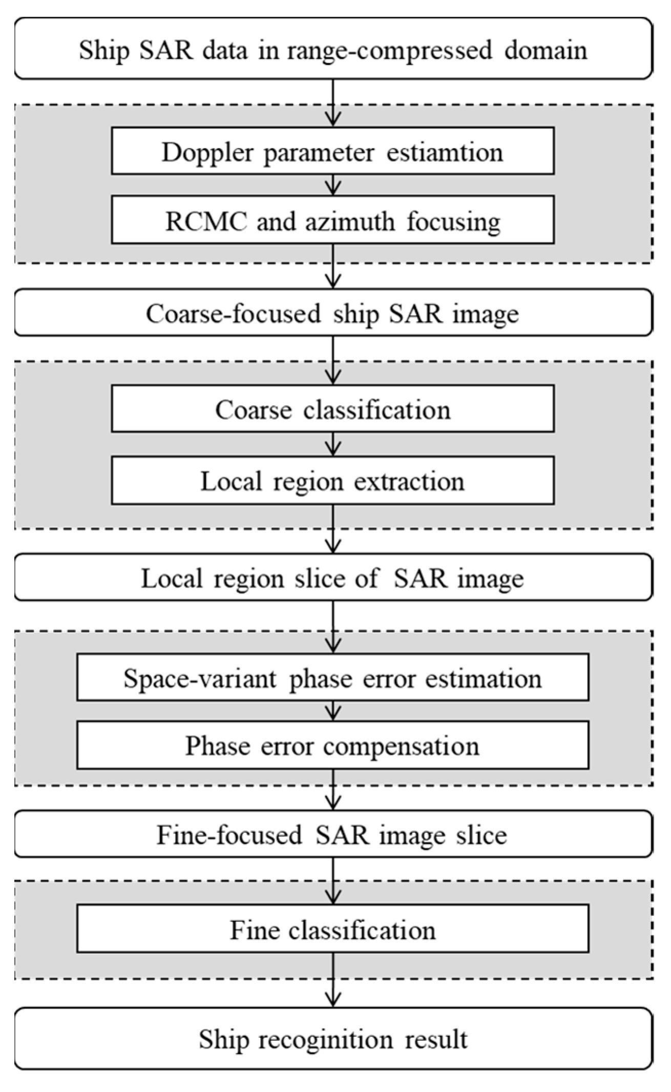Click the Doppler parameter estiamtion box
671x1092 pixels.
coord(332,152)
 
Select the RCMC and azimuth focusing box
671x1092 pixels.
coord(332,221)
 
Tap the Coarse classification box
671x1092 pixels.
coord(332,409)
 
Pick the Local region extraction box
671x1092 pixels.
coord(332,481)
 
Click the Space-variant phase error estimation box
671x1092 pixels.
coord(332,678)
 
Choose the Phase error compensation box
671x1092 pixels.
coord(332,746)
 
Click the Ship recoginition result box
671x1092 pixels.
coord(333,1039)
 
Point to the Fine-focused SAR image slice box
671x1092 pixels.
coord(333,834)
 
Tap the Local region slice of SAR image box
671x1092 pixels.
coord(333,578)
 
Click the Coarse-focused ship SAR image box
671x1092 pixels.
coord(333,313)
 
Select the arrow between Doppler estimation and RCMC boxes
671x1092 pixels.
coord(333,184)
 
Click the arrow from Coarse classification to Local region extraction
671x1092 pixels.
coord(333,444)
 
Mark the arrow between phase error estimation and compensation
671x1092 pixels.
coord(333,711)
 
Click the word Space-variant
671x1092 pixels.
coord(200,678)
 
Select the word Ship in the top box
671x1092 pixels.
coord(104,51)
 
